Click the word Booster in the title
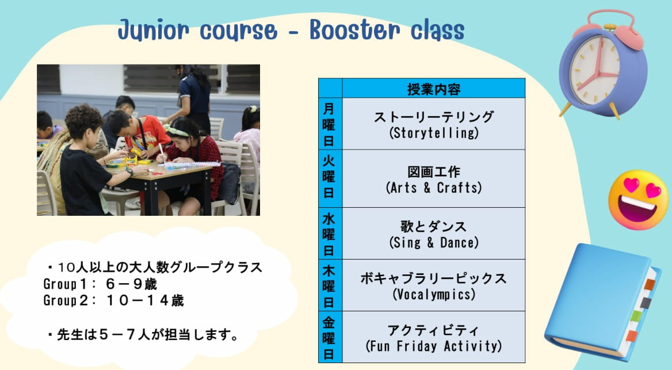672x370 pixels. pyautogui.click(x=354, y=30)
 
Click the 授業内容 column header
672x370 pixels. pyautogui.click(x=434, y=89)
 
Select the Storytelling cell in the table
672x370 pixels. pyautogui.click(x=434, y=124)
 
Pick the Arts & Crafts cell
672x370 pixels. pyautogui.click(x=434, y=179)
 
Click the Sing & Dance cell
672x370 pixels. pyautogui.click(x=434, y=234)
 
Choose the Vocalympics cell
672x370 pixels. pyautogui.click(x=434, y=285)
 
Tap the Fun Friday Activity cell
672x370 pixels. pyautogui.click(x=434, y=337)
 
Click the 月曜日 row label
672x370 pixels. pyautogui.click(x=329, y=124)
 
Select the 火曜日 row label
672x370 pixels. pyautogui.click(x=329, y=178)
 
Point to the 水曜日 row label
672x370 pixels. pyautogui.click(x=329, y=234)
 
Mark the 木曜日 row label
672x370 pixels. pyautogui.click(x=329, y=285)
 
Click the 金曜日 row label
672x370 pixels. pyautogui.click(x=329, y=337)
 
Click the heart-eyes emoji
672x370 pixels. pyautogui.click(x=638, y=200)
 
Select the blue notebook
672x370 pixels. pyautogui.click(x=602, y=302)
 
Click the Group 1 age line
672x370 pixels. pyautogui.click(x=100, y=284)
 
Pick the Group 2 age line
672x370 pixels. pyautogui.click(x=113, y=300)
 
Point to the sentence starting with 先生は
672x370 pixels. pyautogui.click(x=144, y=334)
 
